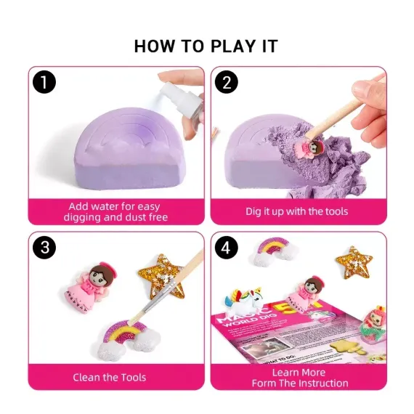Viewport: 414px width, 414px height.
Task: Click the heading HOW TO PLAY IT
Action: coord(206,46)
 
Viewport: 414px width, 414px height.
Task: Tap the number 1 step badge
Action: coord(45,83)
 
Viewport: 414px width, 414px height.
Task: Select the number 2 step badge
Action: coord(227,83)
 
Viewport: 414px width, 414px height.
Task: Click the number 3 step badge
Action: coord(45,248)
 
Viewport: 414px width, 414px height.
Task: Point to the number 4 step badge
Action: coord(227,248)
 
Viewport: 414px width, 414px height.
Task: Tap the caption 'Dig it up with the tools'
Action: coord(296,211)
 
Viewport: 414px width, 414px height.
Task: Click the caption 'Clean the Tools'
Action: coord(109,377)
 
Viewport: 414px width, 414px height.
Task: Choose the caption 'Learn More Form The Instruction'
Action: coord(299,377)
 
